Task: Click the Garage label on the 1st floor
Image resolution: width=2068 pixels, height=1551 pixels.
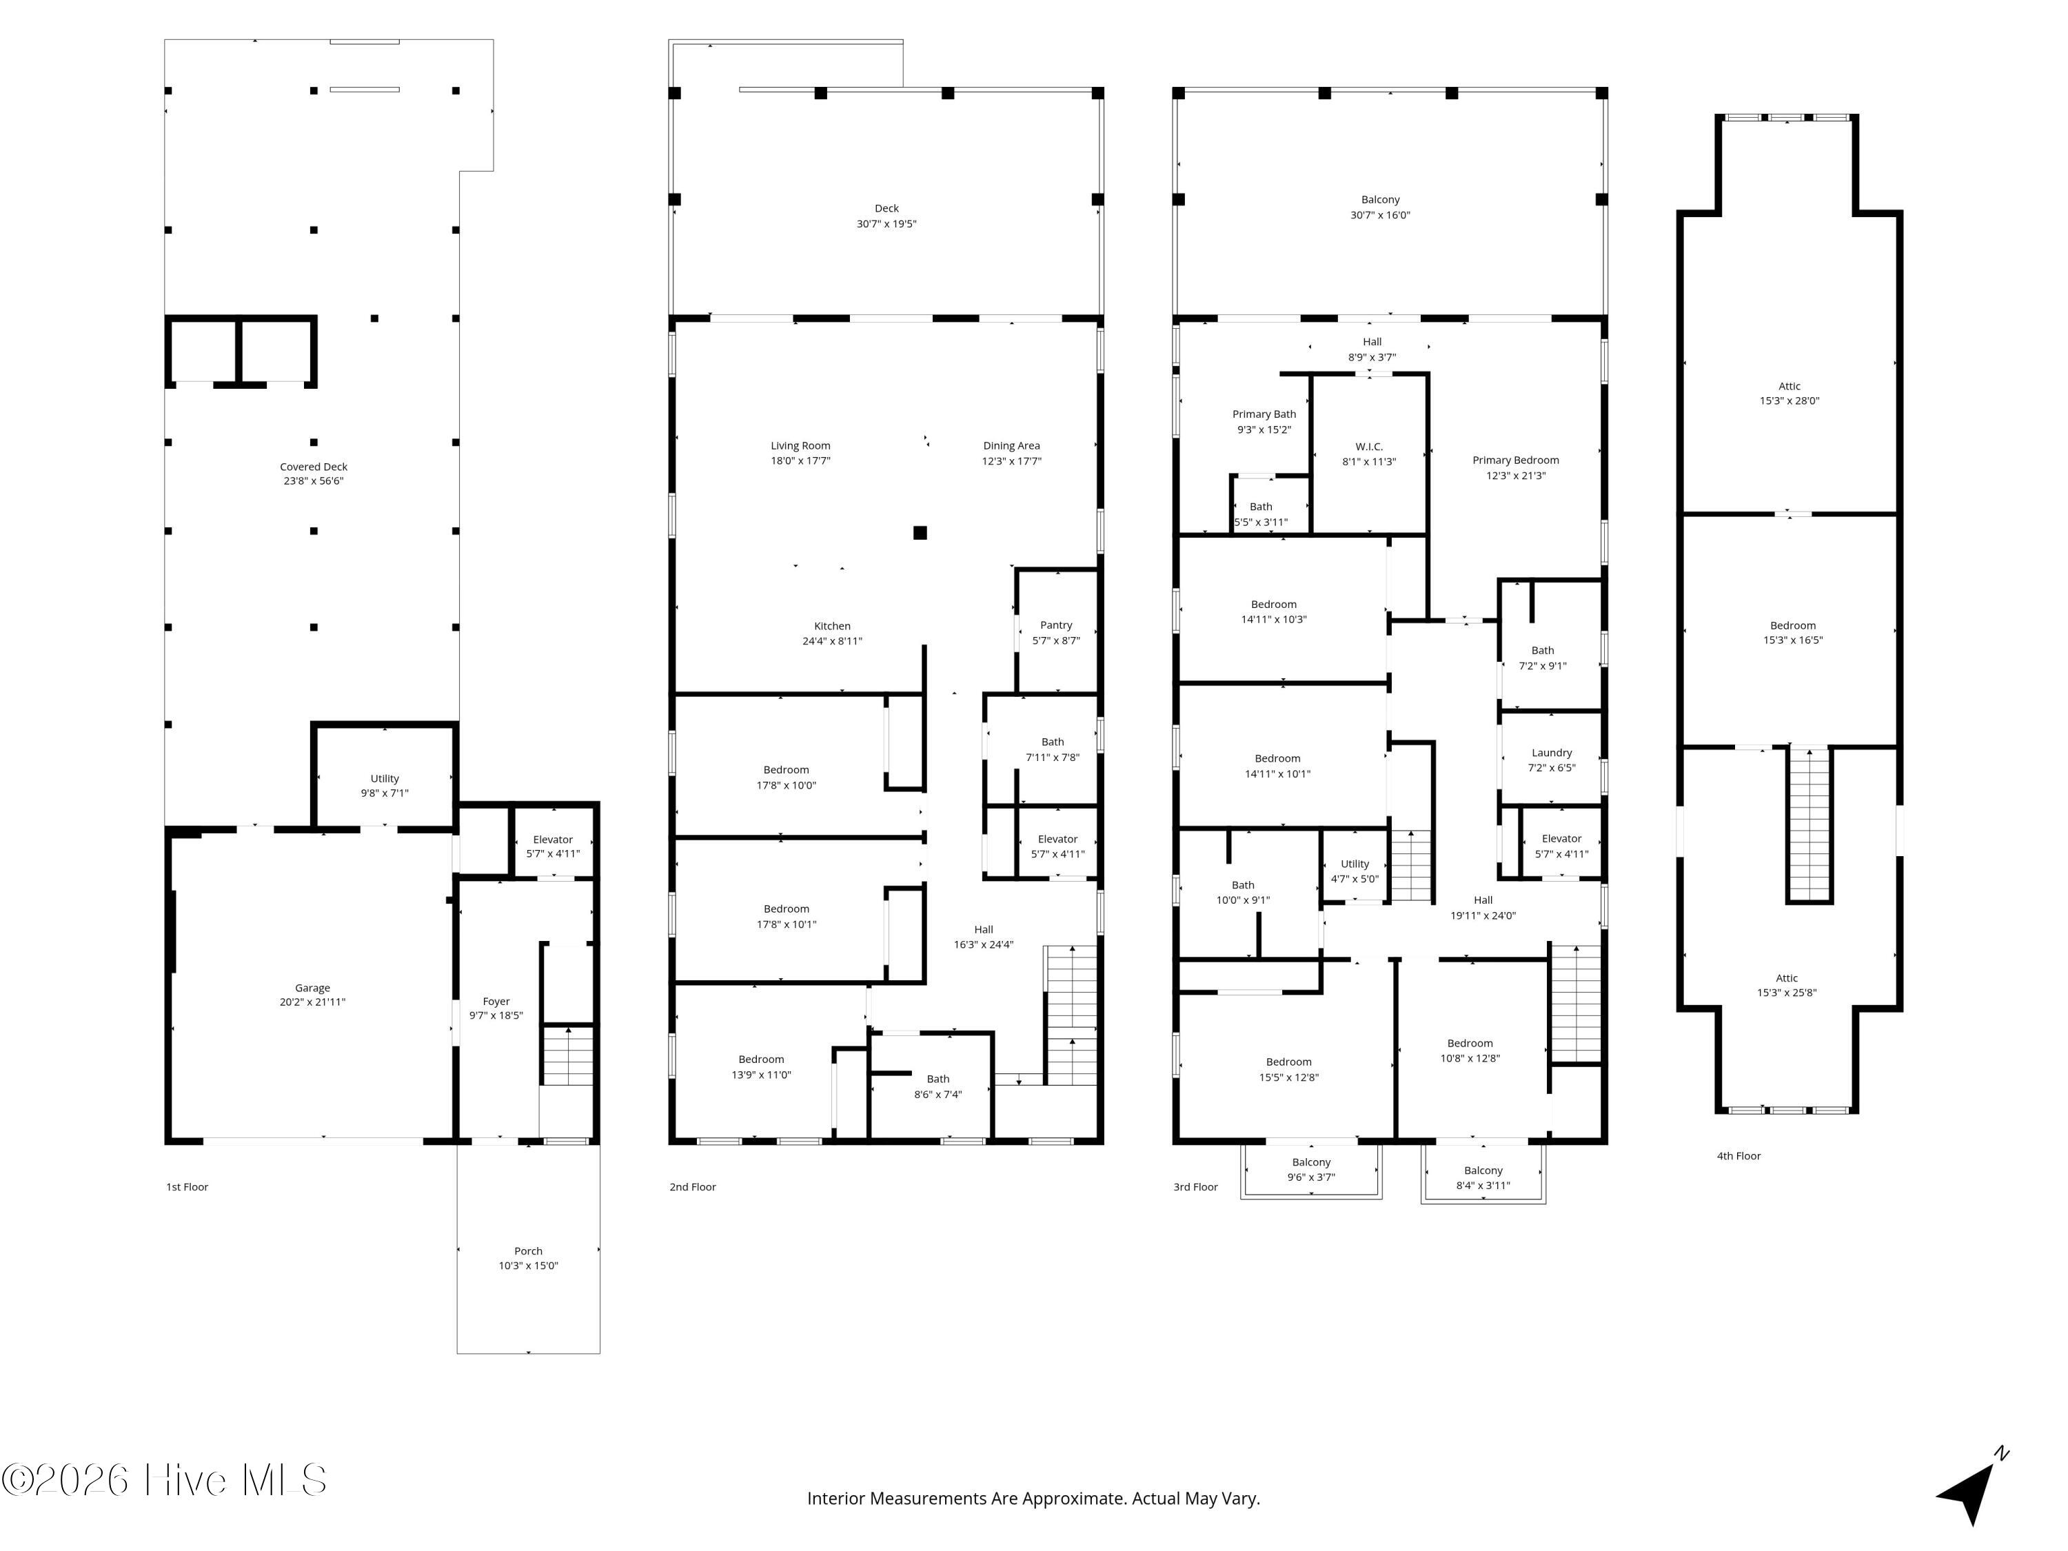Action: [x=312, y=987]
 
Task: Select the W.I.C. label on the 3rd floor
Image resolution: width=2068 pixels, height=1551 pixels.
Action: [x=1369, y=447]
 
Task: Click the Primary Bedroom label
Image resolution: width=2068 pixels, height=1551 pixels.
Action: [x=1515, y=460]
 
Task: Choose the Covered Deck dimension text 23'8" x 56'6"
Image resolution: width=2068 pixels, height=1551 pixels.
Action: [x=314, y=481]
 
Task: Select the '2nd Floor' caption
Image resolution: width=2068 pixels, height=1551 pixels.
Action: [x=693, y=1186]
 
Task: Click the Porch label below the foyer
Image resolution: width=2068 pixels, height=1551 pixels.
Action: [x=528, y=1251]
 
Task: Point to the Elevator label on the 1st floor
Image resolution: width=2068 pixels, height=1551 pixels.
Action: [x=553, y=840]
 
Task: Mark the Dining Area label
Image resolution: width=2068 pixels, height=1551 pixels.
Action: [x=1011, y=446]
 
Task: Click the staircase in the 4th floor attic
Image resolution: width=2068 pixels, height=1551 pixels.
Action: [x=1809, y=824]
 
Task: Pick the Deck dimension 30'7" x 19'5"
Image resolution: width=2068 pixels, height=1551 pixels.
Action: [x=886, y=224]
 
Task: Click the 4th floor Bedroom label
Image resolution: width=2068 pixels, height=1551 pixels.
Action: [x=1792, y=625]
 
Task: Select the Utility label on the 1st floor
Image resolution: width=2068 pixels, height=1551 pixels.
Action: [x=384, y=778]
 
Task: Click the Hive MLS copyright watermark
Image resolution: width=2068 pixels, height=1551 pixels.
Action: [x=165, y=1480]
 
